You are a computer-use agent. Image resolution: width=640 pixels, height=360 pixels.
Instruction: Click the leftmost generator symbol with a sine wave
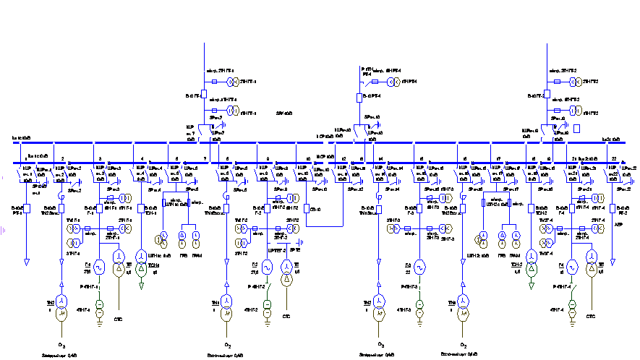click(x=99, y=267)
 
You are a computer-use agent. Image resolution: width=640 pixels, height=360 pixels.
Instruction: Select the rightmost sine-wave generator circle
click(x=572, y=267)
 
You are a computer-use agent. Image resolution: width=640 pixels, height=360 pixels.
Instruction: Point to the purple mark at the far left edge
click(x=3, y=231)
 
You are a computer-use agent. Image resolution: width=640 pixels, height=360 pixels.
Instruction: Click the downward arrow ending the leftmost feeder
click(x=27, y=262)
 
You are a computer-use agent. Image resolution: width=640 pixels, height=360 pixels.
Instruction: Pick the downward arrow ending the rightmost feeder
click(x=613, y=262)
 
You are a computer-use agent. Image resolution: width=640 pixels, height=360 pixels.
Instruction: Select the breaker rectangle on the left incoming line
click(x=204, y=94)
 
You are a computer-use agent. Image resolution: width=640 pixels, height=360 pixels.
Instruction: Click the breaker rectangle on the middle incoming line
click(x=359, y=98)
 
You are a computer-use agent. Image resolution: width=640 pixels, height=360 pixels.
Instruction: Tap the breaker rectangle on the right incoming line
click(x=547, y=94)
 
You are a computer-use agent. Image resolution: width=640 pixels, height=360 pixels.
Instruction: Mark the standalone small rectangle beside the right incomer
click(x=576, y=129)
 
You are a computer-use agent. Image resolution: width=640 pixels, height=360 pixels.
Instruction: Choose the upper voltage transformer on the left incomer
click(x=232, y=82)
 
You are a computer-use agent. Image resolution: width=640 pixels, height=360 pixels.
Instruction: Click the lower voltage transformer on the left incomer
click(x=232, y=111)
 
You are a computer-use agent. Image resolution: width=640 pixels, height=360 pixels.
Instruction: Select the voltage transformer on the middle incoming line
click(x=393, y=82)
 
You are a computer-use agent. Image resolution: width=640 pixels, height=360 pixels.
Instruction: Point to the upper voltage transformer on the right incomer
click(x=575, y=82)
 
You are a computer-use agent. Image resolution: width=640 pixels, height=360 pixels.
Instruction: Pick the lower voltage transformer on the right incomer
click(x=575, y=111)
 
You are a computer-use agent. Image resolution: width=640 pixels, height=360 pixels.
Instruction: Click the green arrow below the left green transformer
click(x=141, y=286)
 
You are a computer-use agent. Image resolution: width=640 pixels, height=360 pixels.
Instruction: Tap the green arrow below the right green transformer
click(x=532, y=286)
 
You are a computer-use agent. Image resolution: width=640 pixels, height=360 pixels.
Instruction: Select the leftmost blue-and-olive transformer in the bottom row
click(x=61, y=307)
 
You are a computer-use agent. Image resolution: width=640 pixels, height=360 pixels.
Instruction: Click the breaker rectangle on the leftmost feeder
click(x=27, y=208)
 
